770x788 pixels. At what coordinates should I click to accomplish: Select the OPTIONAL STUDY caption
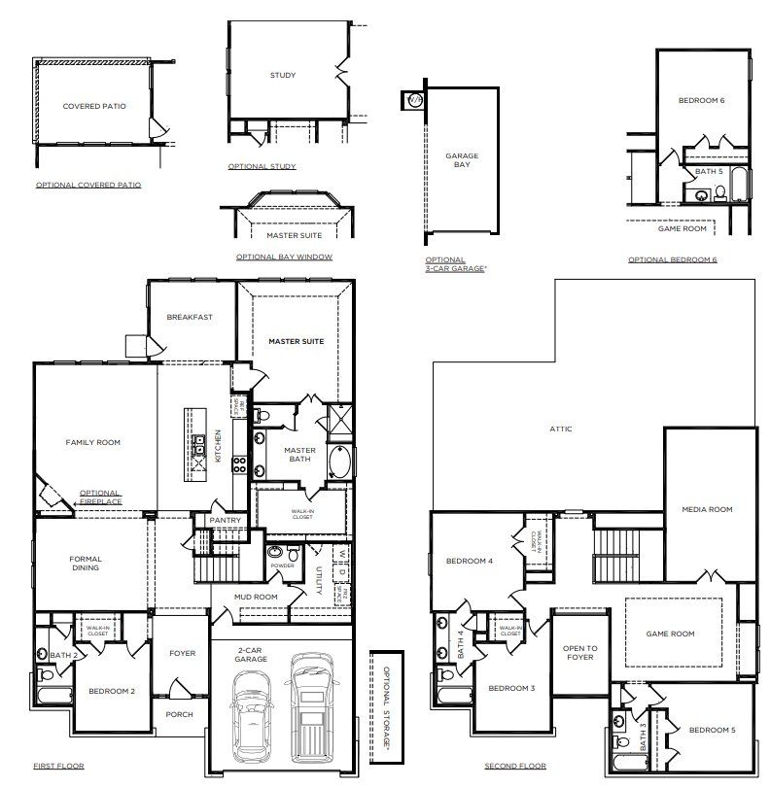tap(262, 166)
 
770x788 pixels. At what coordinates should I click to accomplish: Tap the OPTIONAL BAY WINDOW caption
tap(284, 257)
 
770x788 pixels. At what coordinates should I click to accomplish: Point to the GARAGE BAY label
tap(462, 160)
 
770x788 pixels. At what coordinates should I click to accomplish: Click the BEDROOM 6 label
tap(701, 100)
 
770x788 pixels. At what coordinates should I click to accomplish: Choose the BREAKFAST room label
tap(190, 317)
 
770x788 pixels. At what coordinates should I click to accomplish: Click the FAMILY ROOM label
tap(92, 442)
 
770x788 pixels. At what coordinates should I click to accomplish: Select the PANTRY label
tap(225, 521)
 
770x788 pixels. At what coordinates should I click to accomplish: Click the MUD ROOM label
tap(258, 597)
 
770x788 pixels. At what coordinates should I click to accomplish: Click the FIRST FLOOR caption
tap(58, 766)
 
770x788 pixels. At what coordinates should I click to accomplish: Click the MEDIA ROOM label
tap(707, 509)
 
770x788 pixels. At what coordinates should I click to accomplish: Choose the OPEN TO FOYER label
tap(579, 653)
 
